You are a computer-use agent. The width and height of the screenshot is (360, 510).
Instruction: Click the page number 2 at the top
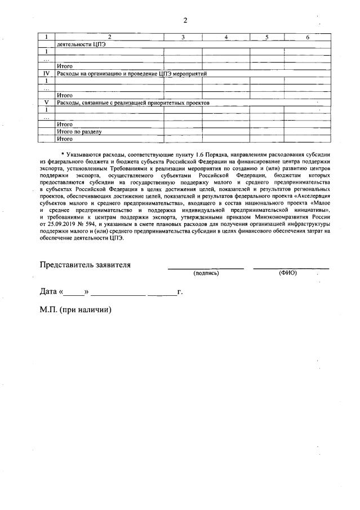pyautogui.click(x=185, y=21)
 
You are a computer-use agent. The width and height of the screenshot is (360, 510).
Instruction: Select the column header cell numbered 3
pyautogui.click(x=183, y=37)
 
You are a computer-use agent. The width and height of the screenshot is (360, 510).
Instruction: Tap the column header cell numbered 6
pyautogui.click(x=307, y=37)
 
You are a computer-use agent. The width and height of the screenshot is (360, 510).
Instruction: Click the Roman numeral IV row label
pyautogui.click(x=47, y=74)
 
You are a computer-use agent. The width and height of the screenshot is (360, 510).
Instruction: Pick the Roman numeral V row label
pyautogui.click(x=47, y=103)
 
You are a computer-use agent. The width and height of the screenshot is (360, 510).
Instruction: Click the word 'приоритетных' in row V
pyautogui.click(x=172, y=103)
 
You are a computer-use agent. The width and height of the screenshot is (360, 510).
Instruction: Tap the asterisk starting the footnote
pyautogui.click(x=63, y=153)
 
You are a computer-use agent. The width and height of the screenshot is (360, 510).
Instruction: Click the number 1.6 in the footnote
pyautogui.click(x=196, y=153)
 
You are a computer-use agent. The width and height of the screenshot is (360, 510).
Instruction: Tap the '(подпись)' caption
pyautogui.click(x=206, y=273)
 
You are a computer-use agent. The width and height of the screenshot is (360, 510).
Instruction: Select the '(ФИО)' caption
pyautogui.click(x=287, y=273)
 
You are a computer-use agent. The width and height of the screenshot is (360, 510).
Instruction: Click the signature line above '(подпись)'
pyautogui.click(x=206, y=268)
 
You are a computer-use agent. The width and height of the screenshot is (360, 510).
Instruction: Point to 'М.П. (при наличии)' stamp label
pyautogui.click(x=75, y=310)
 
